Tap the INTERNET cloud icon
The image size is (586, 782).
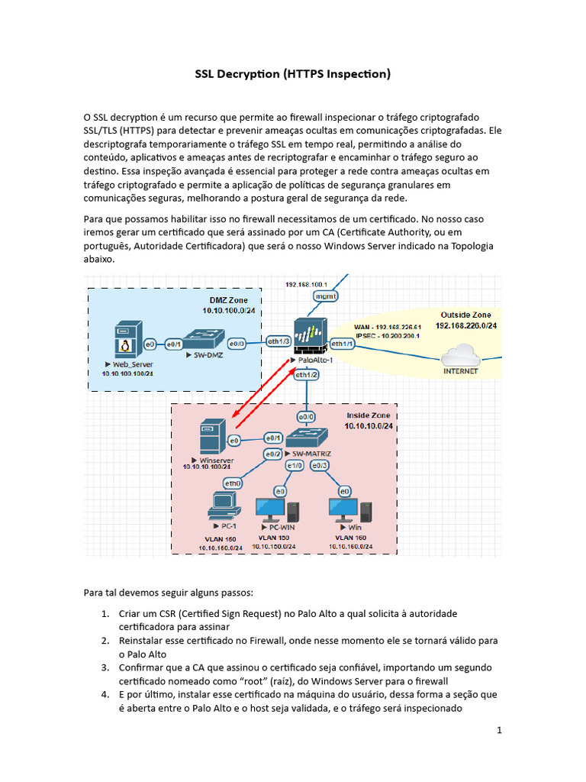click(461, 354)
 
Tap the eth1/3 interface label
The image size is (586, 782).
click(277, 341)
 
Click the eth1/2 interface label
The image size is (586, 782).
click(306, 375)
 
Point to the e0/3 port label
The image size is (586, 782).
click(320, 465)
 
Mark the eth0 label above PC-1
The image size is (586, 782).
click(232, 482)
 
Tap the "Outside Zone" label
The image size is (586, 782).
click(465, 315)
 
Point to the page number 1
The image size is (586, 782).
click(499, 730)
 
